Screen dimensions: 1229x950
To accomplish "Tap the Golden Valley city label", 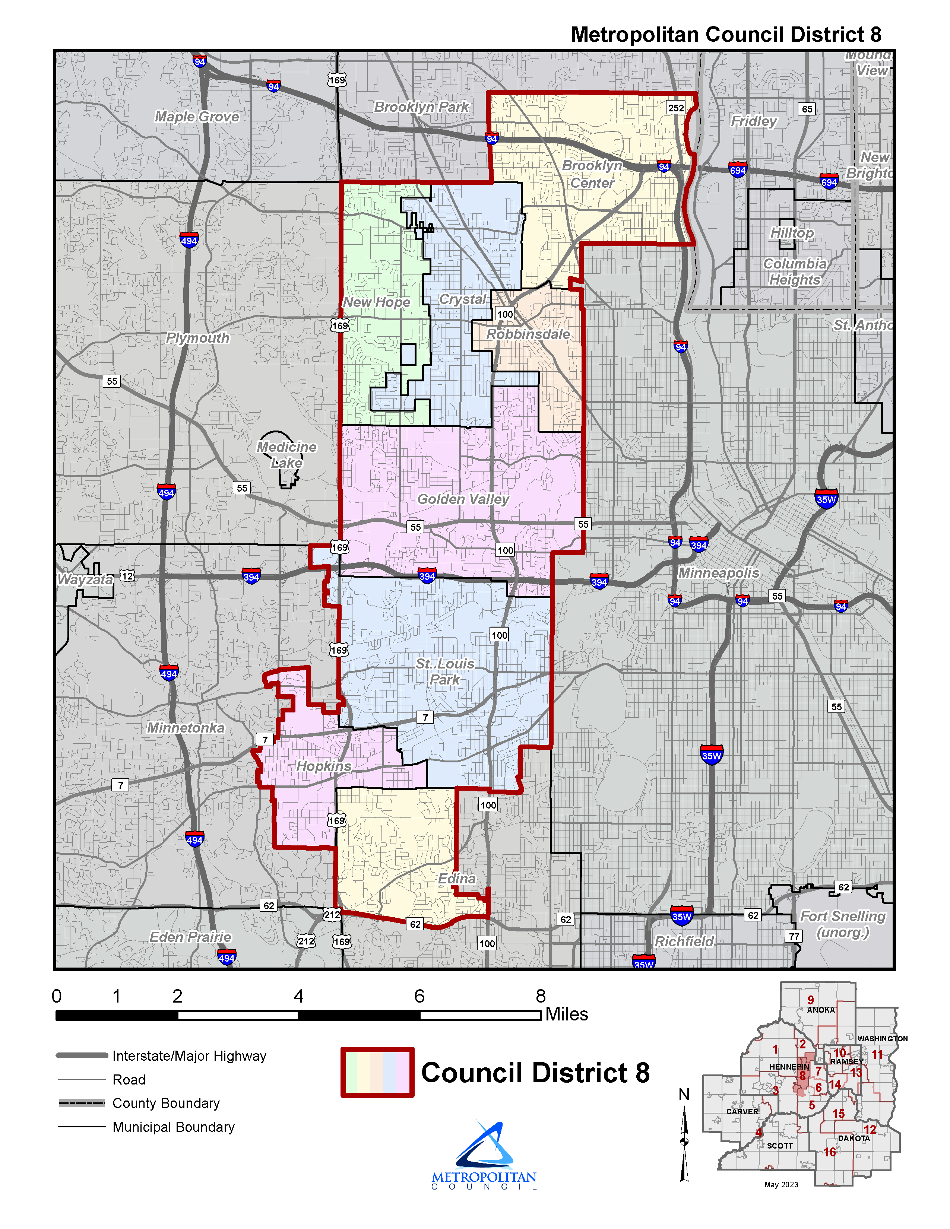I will click(463, 499).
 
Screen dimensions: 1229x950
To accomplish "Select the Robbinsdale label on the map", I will click(528, 334).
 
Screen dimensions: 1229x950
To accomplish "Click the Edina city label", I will click(456, 879).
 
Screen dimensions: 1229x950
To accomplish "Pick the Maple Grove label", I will click(197, 117).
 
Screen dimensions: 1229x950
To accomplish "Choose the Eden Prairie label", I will click(190, 937).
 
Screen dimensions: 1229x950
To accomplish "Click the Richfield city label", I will click(684, 941).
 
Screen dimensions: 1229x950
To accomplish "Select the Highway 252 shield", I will click(675, 108).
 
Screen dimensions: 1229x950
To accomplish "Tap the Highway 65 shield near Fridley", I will click(807, 109).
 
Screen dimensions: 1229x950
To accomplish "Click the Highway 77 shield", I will click(794, 936).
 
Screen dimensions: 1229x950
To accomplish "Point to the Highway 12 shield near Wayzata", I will click(128, 576).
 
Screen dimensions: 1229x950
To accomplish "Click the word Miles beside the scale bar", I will click(566, 1014).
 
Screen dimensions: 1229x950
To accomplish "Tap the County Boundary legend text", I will click(166, 1103).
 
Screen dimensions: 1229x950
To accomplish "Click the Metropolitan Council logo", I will click(484, 1154).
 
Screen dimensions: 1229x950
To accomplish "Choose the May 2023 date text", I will click(781, 1185).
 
